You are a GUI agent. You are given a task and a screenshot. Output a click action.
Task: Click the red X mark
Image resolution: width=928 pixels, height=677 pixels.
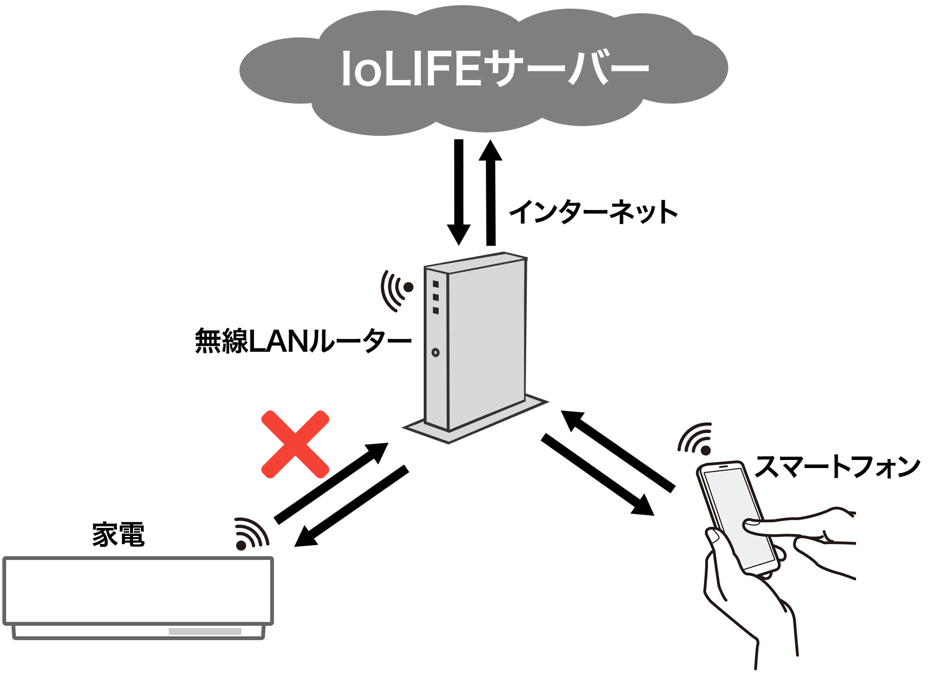[295, 444]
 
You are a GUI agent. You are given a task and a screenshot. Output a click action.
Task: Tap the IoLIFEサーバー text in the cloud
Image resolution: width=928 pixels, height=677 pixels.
[495, 69]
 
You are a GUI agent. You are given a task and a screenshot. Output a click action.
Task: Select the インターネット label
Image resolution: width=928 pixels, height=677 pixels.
[594, 212]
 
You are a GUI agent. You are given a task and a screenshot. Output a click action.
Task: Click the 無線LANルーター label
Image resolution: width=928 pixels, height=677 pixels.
[303, 341]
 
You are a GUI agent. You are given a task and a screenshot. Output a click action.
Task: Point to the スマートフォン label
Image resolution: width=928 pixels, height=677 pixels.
[837, 466]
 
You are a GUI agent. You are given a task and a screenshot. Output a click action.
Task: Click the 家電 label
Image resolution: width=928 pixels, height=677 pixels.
[119, 534]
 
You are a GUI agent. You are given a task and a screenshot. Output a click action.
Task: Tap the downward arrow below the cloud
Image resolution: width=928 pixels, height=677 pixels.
[459, 192]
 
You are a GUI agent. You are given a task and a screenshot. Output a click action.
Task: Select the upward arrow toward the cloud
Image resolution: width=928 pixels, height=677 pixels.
[490, 192]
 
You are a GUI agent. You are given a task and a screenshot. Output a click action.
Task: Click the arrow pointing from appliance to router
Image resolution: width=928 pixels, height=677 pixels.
[332, 482]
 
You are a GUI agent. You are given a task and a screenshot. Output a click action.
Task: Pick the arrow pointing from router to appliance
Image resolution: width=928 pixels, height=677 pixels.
[351, 506]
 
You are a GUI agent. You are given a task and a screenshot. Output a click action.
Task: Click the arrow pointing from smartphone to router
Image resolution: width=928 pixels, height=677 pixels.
[618, 451]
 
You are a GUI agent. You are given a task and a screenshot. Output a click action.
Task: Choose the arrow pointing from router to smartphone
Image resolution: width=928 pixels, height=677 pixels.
[598, 475]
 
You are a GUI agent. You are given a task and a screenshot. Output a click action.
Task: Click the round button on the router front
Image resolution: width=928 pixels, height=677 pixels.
[435, 352]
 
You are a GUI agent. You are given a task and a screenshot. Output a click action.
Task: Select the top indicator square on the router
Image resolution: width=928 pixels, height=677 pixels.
[436, 284]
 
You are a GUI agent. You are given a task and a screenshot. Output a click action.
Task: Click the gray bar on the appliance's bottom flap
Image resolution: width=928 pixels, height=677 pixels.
[205, 632]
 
